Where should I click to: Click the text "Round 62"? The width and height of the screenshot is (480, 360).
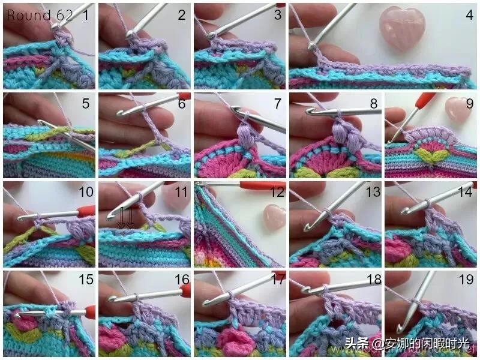40,16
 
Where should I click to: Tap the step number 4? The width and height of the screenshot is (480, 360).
469,14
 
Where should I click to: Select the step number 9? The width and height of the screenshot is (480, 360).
470,104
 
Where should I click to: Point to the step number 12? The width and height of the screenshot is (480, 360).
278,192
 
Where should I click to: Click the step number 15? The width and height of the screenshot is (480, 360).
86,280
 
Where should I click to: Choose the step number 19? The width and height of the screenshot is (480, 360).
466,280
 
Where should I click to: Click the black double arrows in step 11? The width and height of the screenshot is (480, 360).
126,218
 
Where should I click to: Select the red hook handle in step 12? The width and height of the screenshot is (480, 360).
262,186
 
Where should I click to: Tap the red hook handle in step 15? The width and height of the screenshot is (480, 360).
89,311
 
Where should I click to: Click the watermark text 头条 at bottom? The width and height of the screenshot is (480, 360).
356,343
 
